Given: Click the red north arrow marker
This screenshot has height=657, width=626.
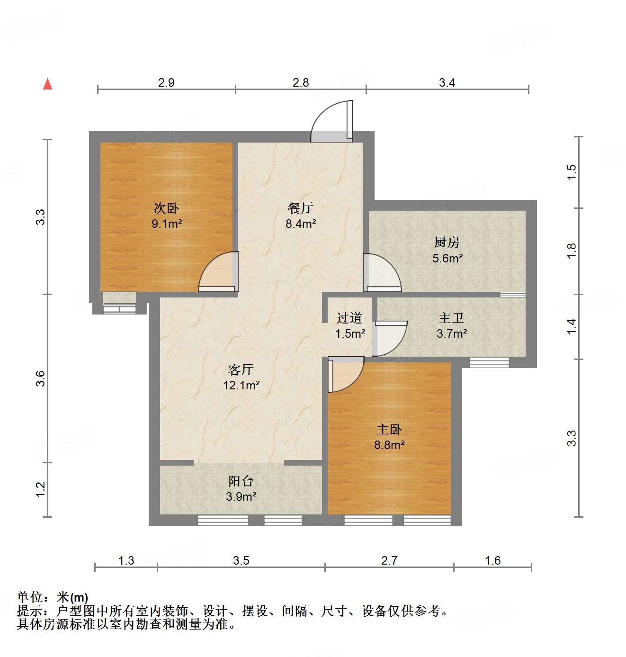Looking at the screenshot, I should (47, 84).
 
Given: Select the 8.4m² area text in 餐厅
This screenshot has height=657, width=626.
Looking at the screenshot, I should (301, 224).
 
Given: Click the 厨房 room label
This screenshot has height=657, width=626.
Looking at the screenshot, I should (447, 243).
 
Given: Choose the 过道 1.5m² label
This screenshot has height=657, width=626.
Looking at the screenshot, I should (350, 326).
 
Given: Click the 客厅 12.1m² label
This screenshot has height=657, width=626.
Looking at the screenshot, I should (241, 377).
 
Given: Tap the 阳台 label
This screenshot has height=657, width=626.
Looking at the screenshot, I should (241, 481).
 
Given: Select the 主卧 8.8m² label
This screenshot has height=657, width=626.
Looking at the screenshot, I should (389, 437).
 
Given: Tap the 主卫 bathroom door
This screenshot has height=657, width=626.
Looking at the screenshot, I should (389, 338).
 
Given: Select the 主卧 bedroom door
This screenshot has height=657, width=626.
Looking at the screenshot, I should (345, 374).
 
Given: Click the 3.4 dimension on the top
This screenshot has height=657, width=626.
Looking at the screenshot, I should (447, 83).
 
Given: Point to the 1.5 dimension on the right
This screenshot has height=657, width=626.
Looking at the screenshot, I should (572, 171).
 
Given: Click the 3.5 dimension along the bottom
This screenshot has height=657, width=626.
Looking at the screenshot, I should (241, 561).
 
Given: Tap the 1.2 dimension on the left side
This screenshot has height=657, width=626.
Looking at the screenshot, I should (41, 489).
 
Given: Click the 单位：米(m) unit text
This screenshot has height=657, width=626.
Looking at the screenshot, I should (53, 598).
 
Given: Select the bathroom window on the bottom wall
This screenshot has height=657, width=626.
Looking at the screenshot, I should (489, 362).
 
